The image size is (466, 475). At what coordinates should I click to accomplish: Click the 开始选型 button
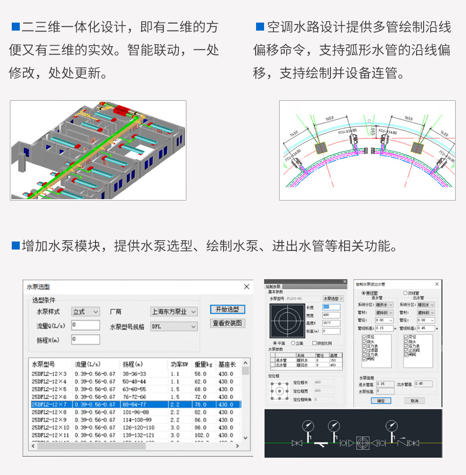pos(227,309)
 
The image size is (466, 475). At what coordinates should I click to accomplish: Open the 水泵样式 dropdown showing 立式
pos(86,312)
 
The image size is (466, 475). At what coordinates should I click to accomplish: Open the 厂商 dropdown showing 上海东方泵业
pos(174,312)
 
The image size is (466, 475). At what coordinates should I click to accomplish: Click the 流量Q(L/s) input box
pos(86,325)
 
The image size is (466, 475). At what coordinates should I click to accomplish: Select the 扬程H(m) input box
pos(86,339)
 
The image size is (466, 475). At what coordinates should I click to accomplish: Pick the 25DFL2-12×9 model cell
pos(50,419)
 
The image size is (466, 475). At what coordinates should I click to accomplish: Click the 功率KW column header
pos(179,364)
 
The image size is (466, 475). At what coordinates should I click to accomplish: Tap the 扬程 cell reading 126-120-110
pos(138,427)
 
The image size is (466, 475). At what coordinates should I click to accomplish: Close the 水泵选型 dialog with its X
pos(247,287)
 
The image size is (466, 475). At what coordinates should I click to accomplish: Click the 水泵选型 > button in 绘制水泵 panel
pos(333,298)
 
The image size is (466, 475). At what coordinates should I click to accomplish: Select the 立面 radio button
pos(293,343)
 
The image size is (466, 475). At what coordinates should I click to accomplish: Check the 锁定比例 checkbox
pos(314,343)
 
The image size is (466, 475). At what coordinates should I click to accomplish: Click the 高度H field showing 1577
pos(331,323)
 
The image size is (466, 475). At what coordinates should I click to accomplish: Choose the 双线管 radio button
pos(405,293)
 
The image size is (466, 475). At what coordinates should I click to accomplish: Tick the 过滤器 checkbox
pos(365,350)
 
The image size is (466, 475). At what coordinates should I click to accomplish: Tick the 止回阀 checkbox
pos(406,350)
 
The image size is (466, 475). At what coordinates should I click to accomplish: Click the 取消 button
pos(414,401)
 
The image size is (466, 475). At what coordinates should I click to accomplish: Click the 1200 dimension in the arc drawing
pos(373,130)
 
